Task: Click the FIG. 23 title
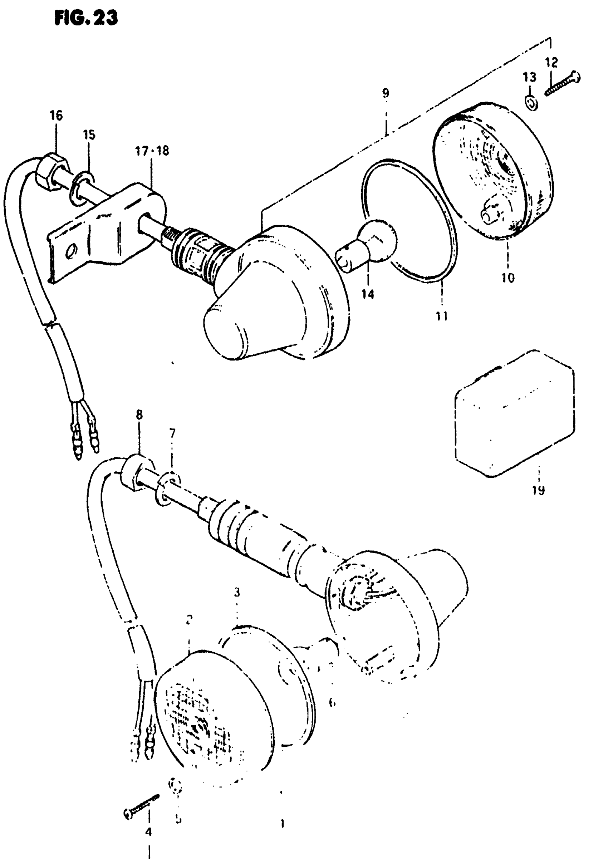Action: tap(86, 18)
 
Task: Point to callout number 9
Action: tap(386, 93)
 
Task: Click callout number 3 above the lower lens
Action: tap(237, 593)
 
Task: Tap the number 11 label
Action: tap(442, 316)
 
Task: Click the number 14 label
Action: tap(368, 295)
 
